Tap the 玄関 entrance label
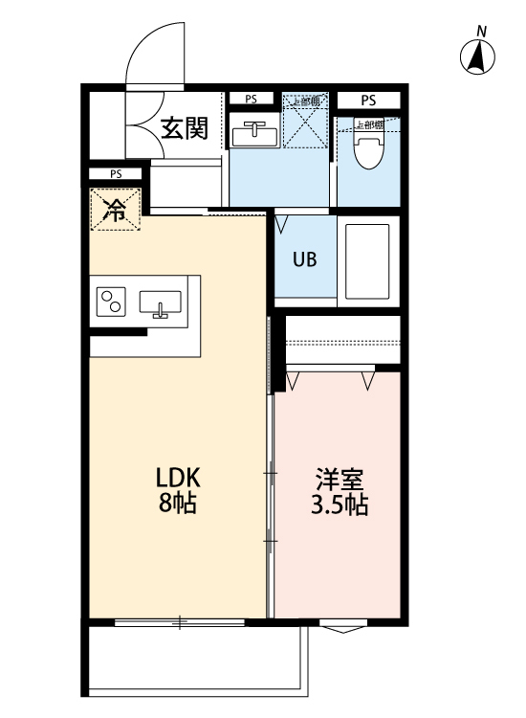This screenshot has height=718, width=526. [x=184, y=128]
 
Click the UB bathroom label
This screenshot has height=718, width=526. [x=305, y=258]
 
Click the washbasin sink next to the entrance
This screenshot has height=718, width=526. [x=254, y=133]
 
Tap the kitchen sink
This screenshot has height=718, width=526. [x=160, y=303]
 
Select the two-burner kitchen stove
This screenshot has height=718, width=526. [x=110, y=303]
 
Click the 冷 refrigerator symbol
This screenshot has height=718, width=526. [x=115, y=210]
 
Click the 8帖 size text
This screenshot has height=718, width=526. [x=177, y=504]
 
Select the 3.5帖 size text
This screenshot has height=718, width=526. [x=340, y=505]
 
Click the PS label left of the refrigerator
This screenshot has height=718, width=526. [x=115, y=174]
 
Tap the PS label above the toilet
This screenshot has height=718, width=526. [x=368, y=100]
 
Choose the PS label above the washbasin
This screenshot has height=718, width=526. [x=250, y=99]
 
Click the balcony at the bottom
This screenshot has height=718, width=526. [x=196, y=660]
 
